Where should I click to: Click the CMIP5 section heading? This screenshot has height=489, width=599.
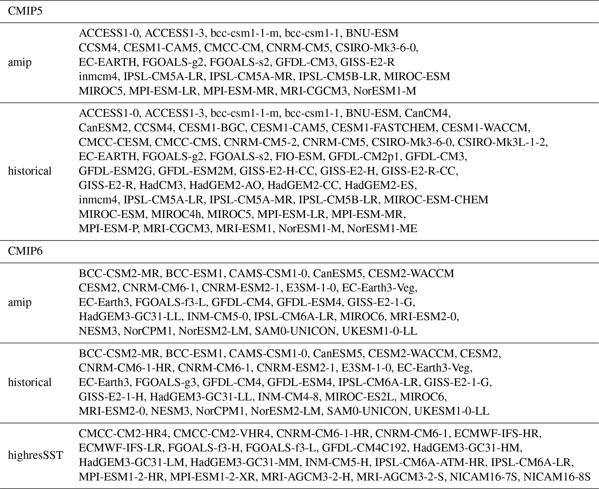[25, 11]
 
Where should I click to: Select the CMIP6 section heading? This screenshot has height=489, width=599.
[25, 251]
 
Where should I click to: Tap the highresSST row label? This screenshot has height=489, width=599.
[35, 455]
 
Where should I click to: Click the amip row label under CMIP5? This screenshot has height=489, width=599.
[20, 62]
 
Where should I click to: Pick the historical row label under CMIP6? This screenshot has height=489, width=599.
[30, 382]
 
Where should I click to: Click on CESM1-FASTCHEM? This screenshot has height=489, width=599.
[383, 128]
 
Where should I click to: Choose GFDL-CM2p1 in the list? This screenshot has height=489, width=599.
[363, 157]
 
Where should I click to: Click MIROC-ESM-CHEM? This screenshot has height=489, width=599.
[436, 200]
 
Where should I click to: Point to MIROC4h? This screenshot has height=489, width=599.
[176, 214]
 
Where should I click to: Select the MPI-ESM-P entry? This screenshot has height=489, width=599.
[109, 229]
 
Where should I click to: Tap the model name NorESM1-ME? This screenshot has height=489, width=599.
[382, 229]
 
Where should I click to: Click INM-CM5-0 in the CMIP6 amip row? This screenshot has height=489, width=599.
[218, 317]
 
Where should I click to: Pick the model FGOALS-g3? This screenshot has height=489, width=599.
[166, 383]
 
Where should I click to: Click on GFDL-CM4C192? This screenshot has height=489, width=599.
[364, 448]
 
